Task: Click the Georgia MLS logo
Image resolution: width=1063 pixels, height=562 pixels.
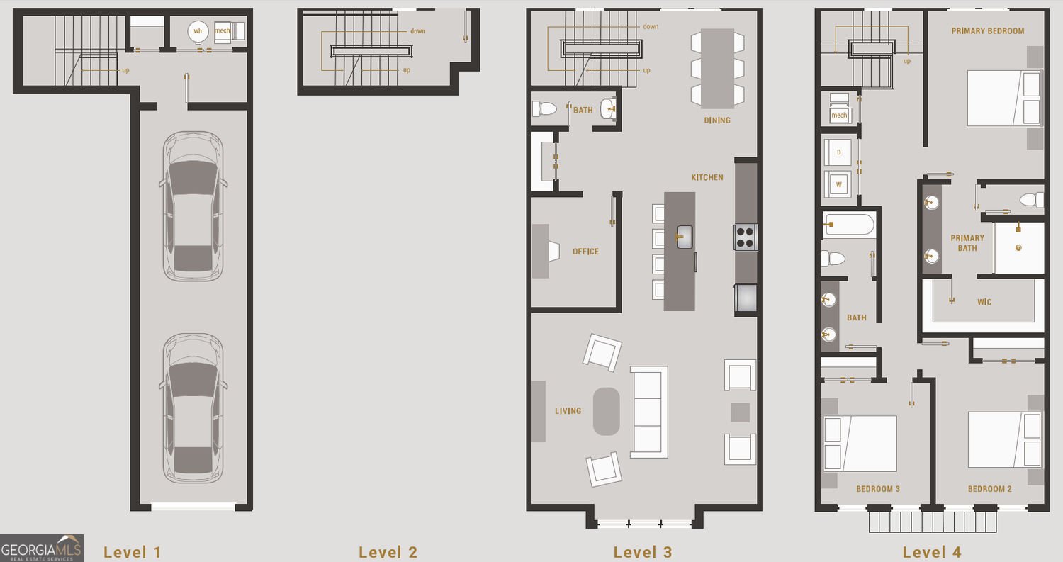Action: coord(41,548)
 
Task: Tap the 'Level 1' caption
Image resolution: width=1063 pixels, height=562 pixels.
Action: coord(133,552)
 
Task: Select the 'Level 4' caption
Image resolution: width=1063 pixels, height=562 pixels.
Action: coord(931,552)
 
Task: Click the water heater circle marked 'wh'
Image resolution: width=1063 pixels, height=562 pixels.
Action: coord(198,31)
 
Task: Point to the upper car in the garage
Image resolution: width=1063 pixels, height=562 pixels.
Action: coord(193,206)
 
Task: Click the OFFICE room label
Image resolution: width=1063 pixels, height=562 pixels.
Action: coord(585,252)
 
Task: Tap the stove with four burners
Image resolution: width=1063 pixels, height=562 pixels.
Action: coord(746,237)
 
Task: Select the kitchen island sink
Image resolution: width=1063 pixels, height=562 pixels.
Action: coord(684,237)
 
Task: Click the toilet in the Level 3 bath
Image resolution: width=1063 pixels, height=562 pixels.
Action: coord(545,109)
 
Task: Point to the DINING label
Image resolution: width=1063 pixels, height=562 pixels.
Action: coord(717,120)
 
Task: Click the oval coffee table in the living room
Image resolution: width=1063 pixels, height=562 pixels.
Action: coord(606,411)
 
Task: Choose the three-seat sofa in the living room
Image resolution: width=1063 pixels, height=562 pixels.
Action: coord(649,412)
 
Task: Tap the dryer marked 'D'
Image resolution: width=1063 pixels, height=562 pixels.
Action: coord(839,152)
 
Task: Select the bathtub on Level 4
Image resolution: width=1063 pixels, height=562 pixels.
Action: coord(849,225)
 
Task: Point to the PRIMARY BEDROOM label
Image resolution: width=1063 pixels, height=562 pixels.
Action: coord(987,31)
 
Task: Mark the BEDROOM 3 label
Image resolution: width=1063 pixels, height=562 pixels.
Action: coord(878,489)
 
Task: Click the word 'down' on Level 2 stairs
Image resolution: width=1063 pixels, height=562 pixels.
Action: coord(417,31)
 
